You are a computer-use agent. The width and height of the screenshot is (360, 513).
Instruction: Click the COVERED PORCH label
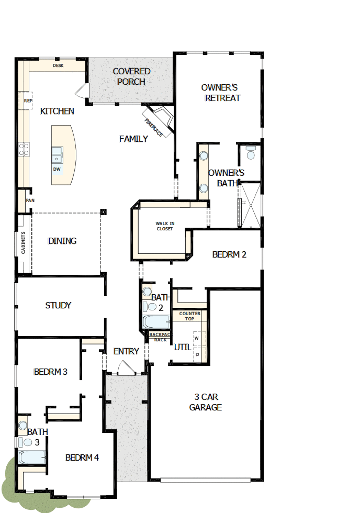tap(131, 76)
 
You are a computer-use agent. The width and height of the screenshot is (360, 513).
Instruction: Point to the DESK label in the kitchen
tap(58, 66)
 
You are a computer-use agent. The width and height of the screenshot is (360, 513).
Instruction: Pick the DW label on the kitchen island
tap(57, 169)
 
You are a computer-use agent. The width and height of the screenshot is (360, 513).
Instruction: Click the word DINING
tap(62, 241)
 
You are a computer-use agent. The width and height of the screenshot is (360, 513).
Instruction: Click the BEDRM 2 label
tap(229, 254)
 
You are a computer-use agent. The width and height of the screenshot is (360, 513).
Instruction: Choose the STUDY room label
tap(58, 305)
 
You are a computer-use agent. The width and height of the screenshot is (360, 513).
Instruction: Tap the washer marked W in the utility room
tap(197, 338)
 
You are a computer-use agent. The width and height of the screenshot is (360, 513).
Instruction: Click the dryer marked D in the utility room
tap(197, 354)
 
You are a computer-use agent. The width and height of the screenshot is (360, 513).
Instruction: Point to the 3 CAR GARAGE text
tap(206, 402)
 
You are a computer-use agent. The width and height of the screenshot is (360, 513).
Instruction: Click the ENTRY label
tap(126, 351)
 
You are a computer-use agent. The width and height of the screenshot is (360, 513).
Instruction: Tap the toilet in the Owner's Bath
tap(250, 153)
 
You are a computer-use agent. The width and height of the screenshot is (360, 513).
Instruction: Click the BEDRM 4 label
tap(82, 457)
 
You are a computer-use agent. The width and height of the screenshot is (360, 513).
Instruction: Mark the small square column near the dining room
tap(103, 212)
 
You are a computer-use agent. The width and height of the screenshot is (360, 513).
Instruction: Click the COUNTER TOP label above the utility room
tap(190, 316)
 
